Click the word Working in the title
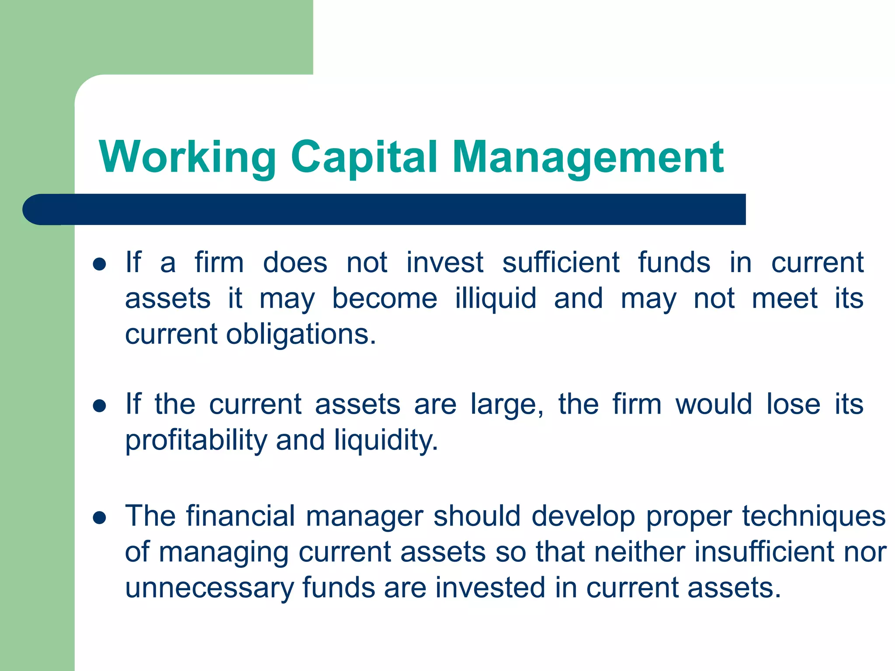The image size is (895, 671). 188,157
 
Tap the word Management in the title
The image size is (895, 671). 588,157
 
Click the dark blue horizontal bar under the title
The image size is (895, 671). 385,210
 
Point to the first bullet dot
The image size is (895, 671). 100,264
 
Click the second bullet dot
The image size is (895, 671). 100,406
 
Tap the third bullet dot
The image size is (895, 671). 100,518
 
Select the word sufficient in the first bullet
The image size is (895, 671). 560,263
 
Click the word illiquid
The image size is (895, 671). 496,299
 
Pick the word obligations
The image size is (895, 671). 301,335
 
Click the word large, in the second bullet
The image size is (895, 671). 507,405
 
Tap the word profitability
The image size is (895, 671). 196,440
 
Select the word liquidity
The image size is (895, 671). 386,440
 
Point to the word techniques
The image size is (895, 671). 814,516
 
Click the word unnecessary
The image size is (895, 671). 210,588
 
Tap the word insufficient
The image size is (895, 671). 764,552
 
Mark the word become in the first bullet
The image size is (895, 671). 385,299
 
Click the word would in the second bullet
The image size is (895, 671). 714,405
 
